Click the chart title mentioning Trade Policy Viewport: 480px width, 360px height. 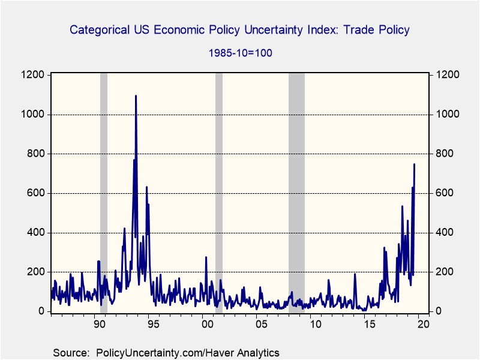pos(240,29)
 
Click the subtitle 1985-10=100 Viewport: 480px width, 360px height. pos(240,53)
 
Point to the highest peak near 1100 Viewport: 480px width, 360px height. pos(136,96)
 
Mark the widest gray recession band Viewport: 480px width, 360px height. pos(296,192)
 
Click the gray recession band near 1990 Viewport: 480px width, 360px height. pos(104,192)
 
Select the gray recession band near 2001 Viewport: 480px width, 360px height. pos(219,192)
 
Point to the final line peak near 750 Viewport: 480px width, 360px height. pos(414,164)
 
